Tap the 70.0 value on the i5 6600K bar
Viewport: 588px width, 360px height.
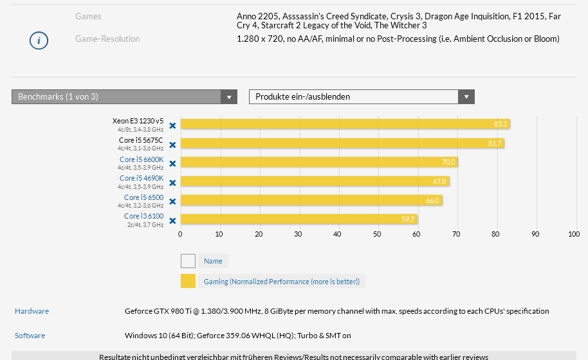pyautogui.click(x=448, y=162)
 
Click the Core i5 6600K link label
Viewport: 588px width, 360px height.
pyautogui.click(x=142, y=159)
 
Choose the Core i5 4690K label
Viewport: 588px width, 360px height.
pyautogui.click(x=142, y=178)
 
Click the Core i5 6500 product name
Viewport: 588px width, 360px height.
pyautogui.click(x=143, y=197)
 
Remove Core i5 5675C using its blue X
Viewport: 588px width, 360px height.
pyautogui.click(x=172, y=145)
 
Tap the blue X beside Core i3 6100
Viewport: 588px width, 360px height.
pyautogui.click(x=172, y=220)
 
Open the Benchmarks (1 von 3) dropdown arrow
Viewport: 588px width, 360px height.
pyautogui.click(x=228, y=97)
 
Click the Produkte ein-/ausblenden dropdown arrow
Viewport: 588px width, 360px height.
pyautogui.click(x=466, y=97)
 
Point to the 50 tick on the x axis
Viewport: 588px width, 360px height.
pyautogui.click(x=377, y=234)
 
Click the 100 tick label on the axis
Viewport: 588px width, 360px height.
pyautogui.click(x=574, y=234)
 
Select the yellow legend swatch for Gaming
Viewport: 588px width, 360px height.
pyautogui.click(x=188, y=281)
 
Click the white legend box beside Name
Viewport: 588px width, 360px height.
pyautogui.click(x=188, y=261)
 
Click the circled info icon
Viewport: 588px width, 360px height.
pyautogui.click(x=39, y=40)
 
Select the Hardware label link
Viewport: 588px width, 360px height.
pyautogui.click(x=32, y=311)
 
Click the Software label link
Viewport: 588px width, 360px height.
pyautogui.click(x=30, y=336)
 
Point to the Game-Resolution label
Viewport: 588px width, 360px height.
pyautogui.click(x=107, y=39)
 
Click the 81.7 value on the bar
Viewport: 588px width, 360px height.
pyautogui.click(x=495, y=143)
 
